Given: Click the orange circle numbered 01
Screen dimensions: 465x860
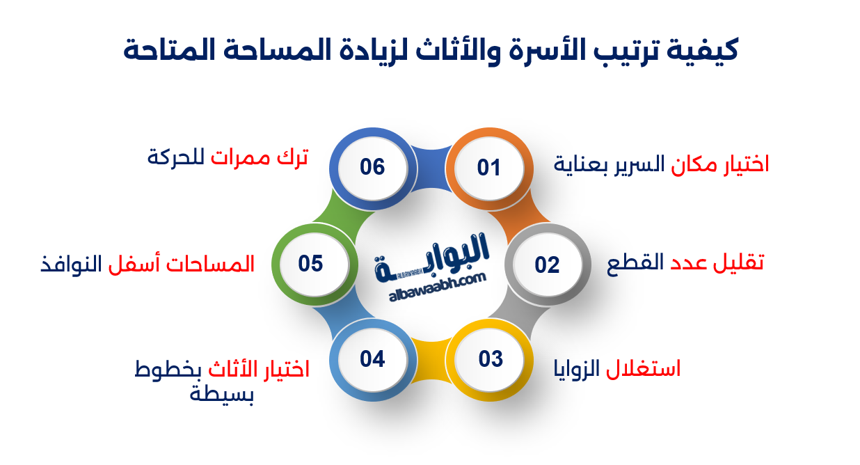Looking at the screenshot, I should coord(488,168).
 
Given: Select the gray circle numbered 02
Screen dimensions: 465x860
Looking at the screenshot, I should coord(547,265).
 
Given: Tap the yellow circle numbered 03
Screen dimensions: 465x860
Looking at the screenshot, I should coord(491,359).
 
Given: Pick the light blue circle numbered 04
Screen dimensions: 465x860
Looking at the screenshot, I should coord(372,359).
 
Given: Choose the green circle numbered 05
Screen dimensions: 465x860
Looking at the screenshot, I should coord(311,265).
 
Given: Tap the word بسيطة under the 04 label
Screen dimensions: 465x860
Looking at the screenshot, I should coord(222,395).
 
